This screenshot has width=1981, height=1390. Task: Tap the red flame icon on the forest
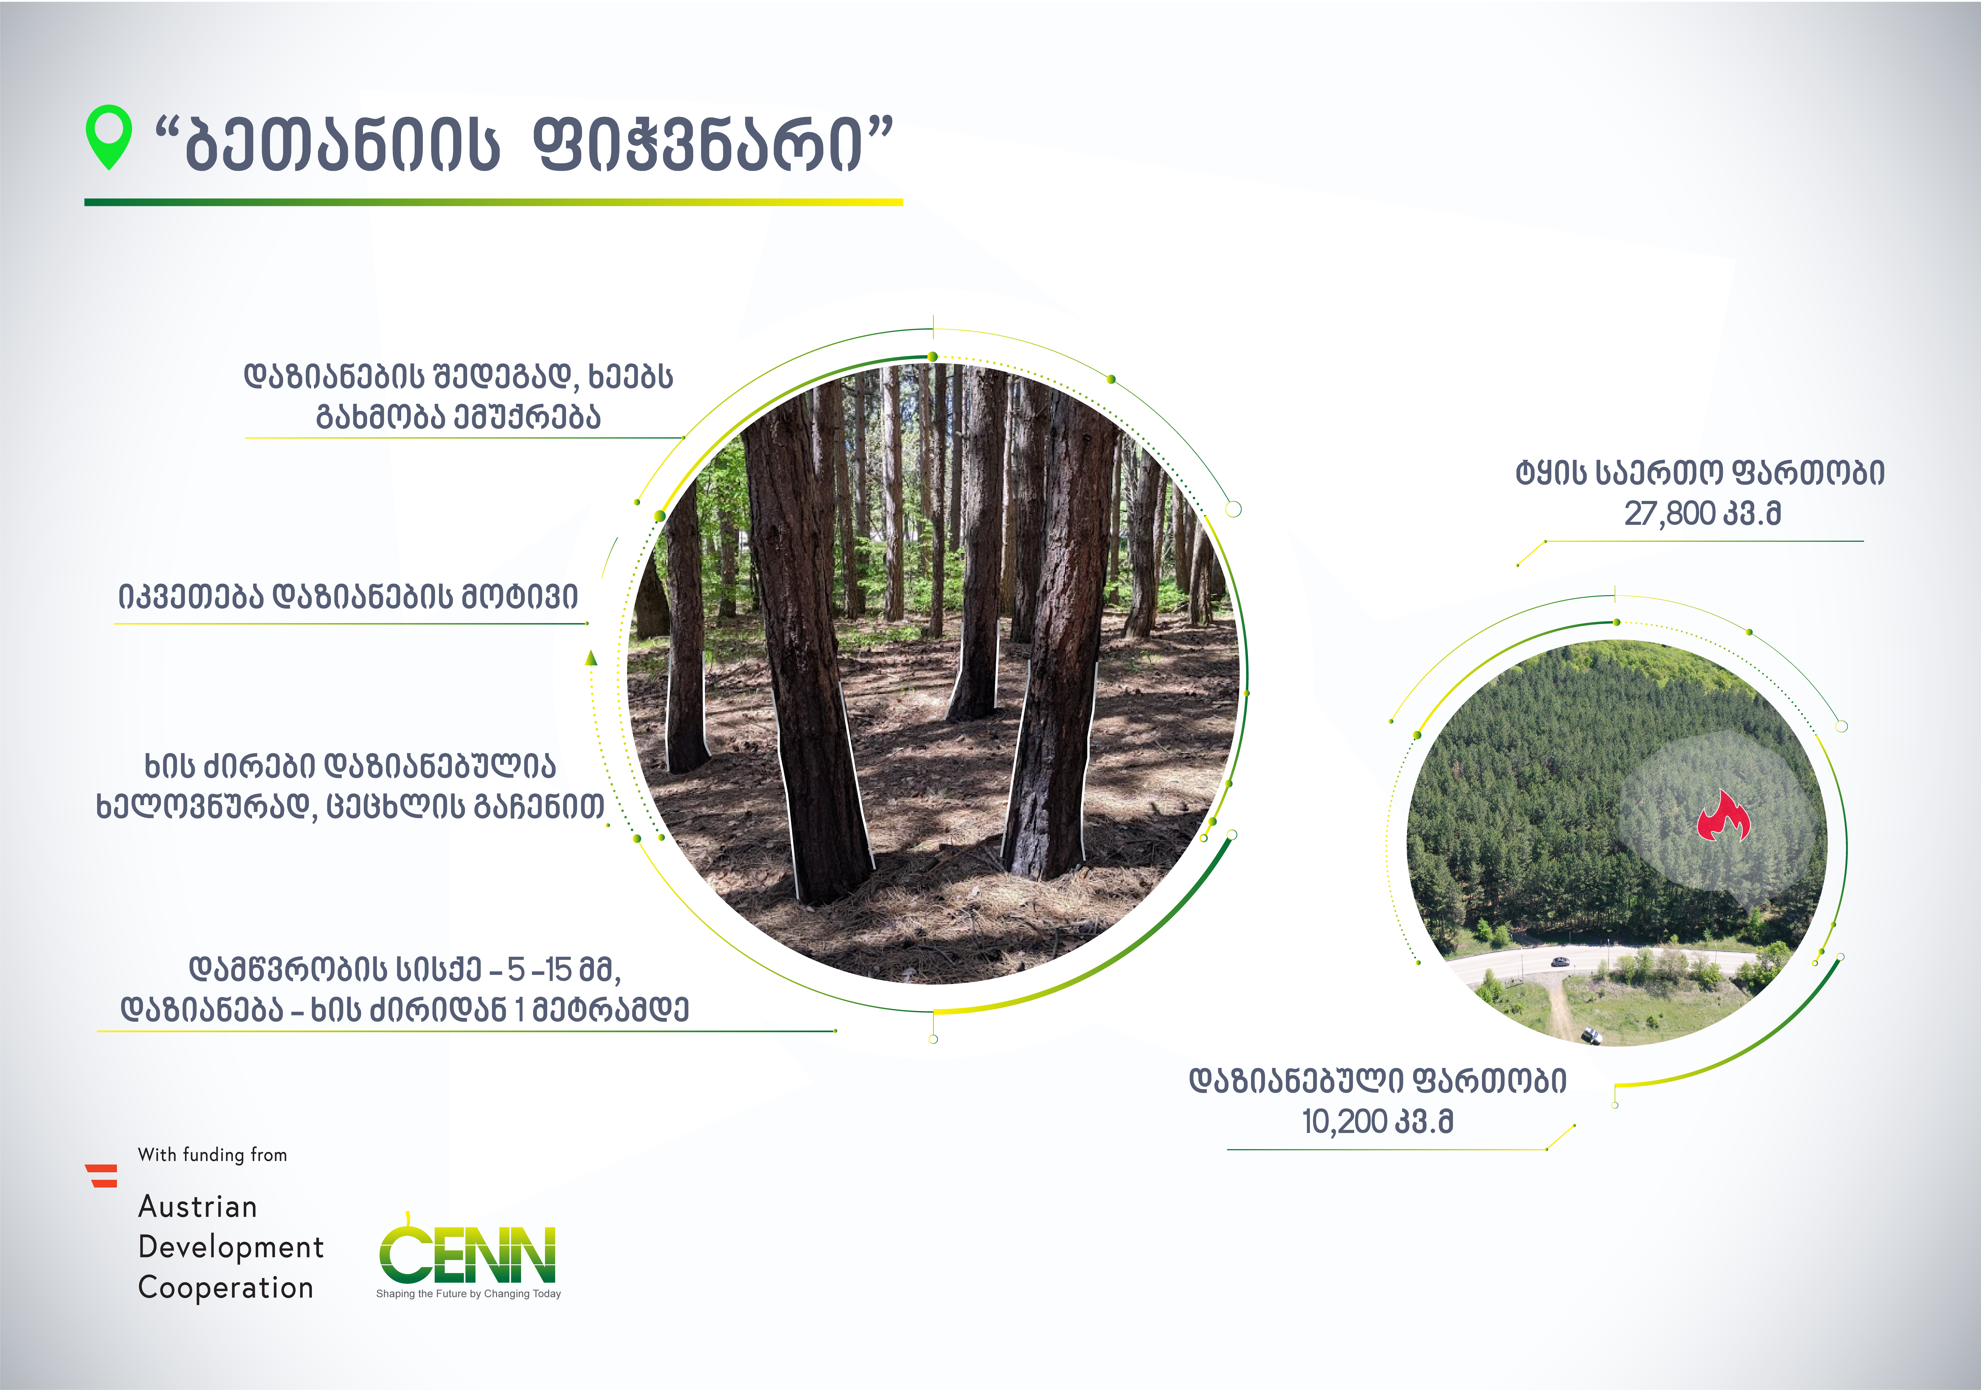1723,816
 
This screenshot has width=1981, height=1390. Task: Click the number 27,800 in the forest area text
1669,513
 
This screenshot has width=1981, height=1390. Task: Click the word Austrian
198,1206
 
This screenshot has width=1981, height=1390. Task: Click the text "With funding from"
212,1154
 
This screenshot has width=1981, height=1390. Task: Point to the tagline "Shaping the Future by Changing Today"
468,1293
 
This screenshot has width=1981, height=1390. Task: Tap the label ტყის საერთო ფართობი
1700,473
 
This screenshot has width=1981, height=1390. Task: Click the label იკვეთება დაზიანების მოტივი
348,596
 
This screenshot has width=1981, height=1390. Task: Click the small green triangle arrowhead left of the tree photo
591,658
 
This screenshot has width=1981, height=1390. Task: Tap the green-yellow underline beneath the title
493,202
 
